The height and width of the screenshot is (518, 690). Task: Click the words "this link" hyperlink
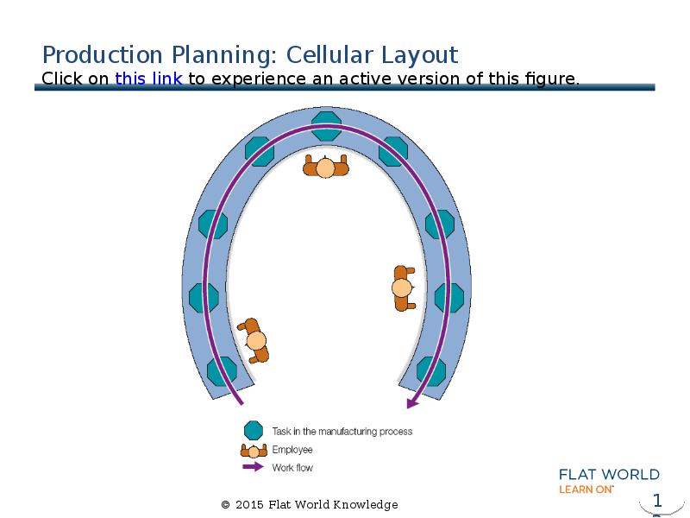point(147,79)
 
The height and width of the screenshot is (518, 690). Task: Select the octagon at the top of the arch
point(326,125)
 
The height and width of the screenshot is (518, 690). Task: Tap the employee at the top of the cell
point(325,166)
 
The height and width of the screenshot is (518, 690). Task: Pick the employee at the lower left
point(254,340)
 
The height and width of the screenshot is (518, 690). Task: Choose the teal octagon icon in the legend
point(253,431)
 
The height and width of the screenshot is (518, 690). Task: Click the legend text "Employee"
point(292,450)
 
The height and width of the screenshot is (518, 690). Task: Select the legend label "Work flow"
point(292,468)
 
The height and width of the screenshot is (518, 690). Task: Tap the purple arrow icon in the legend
point(253,468)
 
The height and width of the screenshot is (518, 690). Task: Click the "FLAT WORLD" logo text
point(609,474)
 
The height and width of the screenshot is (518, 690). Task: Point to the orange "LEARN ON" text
point(586,489)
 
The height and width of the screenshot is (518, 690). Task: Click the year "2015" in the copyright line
point(249,505)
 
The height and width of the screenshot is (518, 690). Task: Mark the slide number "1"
point(657,501)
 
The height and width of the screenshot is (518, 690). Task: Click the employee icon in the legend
point(253,450)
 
